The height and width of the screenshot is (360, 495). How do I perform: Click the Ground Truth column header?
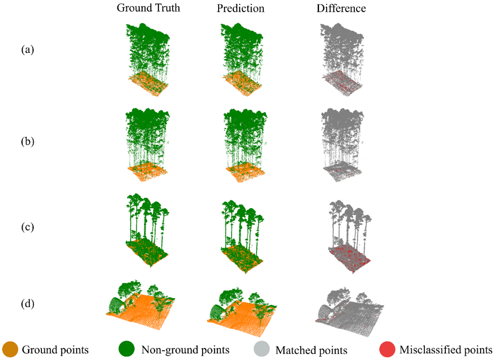[148, 8]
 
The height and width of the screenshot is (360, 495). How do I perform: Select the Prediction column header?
[241, 8]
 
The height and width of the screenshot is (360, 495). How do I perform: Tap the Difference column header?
[341, 8]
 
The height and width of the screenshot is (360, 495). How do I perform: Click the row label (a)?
[28, 50]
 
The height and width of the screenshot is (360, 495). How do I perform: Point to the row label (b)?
[28, 141]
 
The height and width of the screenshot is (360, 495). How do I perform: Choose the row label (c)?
[28, 227]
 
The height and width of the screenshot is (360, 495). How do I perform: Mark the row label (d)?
[28, 304]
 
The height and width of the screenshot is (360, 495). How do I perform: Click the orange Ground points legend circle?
[10, 350]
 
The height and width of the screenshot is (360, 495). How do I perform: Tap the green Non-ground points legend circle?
[127, 349]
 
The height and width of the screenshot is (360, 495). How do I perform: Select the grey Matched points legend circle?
[262, 349]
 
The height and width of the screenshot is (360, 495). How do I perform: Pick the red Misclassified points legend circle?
[387, 350]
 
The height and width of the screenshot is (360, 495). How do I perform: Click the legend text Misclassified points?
[446, 350]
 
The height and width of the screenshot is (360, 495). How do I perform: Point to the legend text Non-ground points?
[185, 350]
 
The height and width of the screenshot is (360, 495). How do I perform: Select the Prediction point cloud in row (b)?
[246, 145]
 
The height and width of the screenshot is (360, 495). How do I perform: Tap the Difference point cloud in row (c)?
[349, 236]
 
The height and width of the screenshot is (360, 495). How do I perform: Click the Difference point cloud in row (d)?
[349, 311]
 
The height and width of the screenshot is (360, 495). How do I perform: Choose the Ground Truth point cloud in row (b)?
[148, 145]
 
